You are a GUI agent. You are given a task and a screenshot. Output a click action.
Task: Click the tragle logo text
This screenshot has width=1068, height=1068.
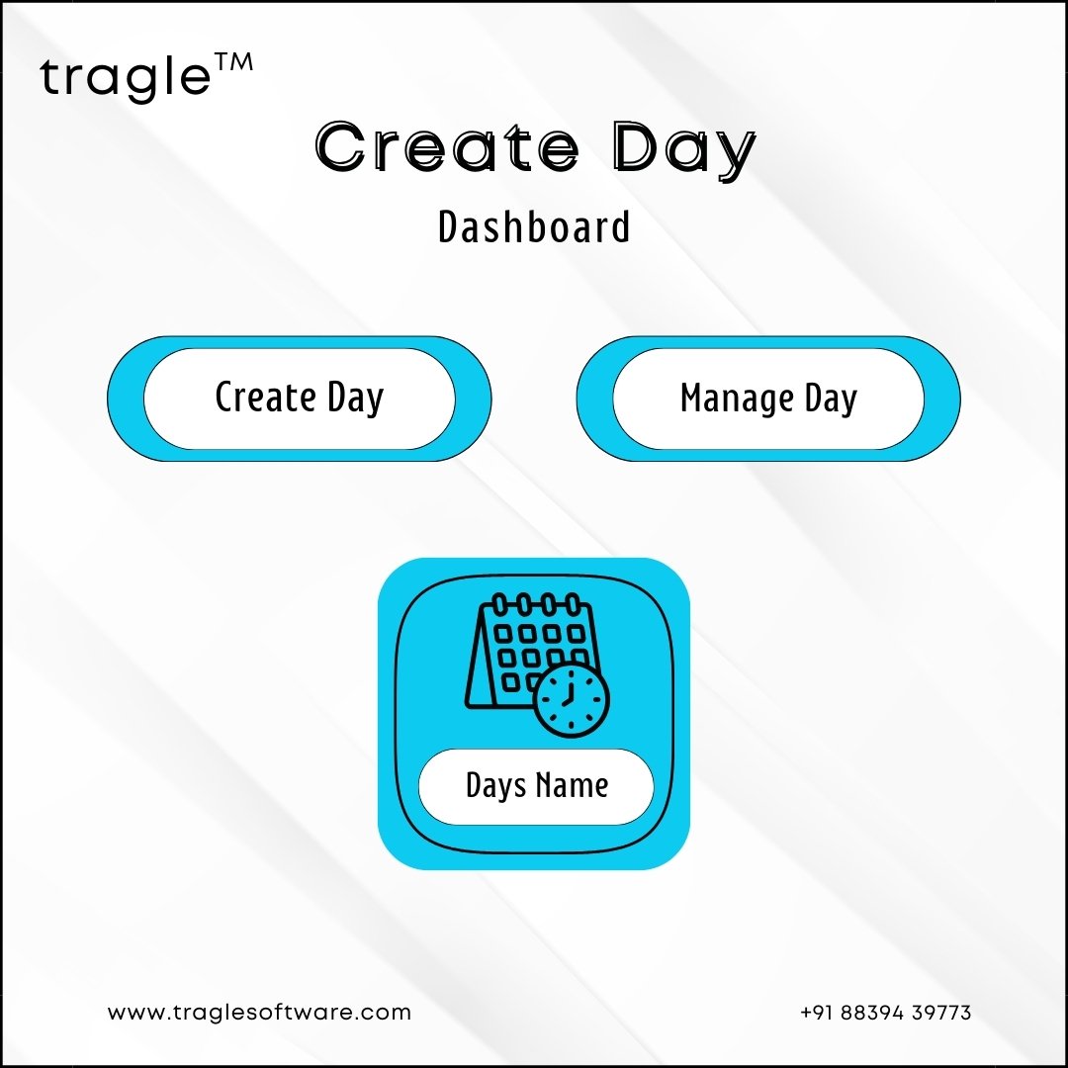tap(126, 77)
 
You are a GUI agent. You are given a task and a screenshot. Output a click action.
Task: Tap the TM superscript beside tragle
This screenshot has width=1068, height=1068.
tap(233, 62)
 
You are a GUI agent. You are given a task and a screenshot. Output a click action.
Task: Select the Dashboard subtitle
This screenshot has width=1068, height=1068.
tap(534, 226)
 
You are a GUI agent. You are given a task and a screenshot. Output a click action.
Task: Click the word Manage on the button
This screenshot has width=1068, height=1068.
tap(737, 398)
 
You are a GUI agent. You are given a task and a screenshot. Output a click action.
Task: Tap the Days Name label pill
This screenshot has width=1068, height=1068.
tap(536, 786)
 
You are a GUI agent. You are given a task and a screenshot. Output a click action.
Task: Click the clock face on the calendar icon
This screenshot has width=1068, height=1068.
tap(571, 700)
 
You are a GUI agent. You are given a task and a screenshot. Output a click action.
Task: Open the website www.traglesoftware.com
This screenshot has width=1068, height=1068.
tap(259, 1013)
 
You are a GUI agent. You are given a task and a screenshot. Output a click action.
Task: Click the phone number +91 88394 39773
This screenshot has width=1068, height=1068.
tap(885, 1013)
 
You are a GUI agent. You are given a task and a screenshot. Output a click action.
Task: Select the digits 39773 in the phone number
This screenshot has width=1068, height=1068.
tap(941, 1013)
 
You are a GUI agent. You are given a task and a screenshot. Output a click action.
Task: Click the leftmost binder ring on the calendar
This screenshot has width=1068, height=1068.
tap(499, 603)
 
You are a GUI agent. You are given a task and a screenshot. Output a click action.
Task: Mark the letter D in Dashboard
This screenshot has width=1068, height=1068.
tap(448, 226)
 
